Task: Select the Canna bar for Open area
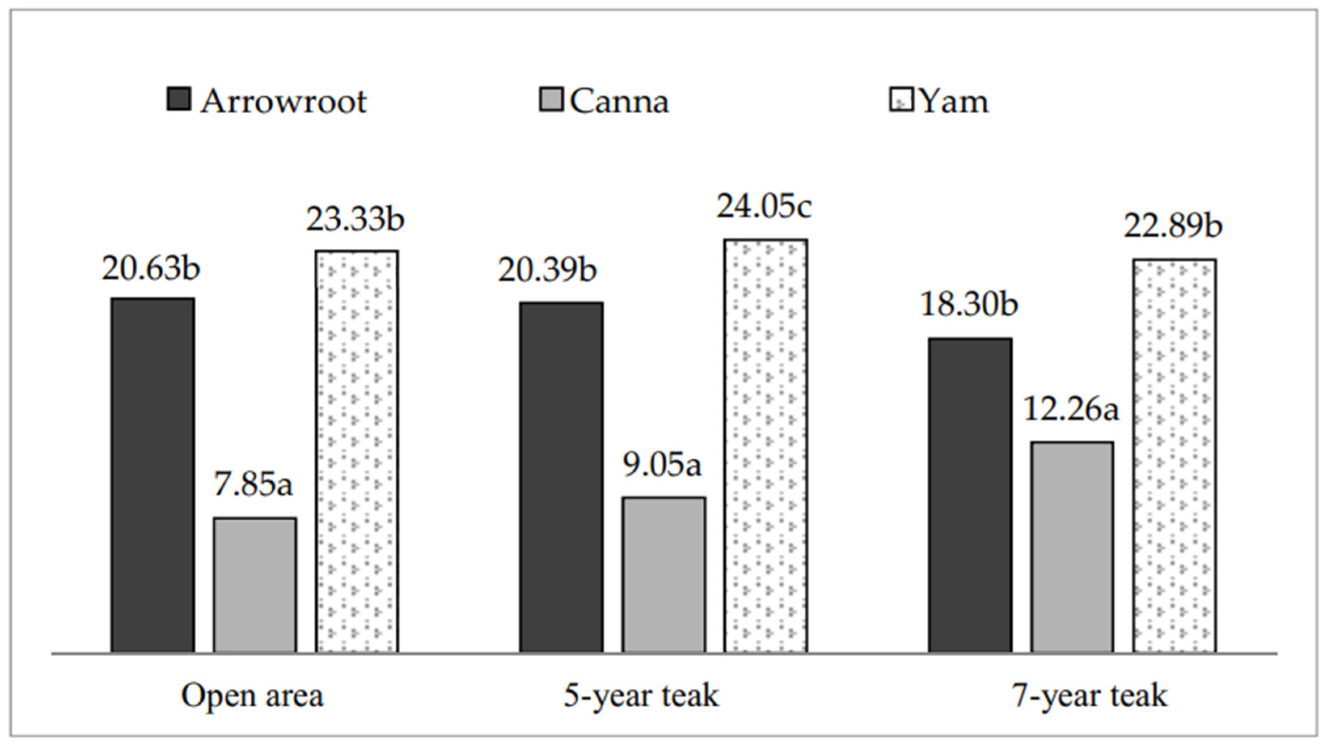(255, 585)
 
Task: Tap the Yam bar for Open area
(357, 451)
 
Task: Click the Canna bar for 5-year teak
(664, 574)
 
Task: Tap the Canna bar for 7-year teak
(1072, 547)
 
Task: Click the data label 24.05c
(764, 207)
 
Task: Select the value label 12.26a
(1071, 410)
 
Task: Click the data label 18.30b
(969, 304)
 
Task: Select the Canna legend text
(619, 102)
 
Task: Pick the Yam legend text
(953, 102)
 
